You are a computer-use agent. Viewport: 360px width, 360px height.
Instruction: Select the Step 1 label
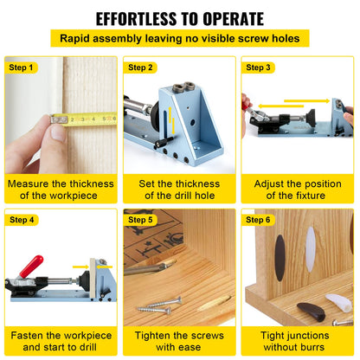21,67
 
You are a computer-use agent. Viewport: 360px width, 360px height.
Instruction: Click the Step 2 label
140,67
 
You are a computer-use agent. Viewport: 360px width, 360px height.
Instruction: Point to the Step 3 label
259,67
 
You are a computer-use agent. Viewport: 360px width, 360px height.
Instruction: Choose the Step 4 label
21,220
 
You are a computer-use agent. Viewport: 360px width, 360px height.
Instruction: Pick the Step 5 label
140,220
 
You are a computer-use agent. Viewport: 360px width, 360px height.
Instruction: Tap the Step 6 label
259,220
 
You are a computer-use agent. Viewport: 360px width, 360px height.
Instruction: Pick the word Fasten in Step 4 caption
28,336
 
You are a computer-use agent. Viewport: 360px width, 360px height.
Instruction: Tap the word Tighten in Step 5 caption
156,336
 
